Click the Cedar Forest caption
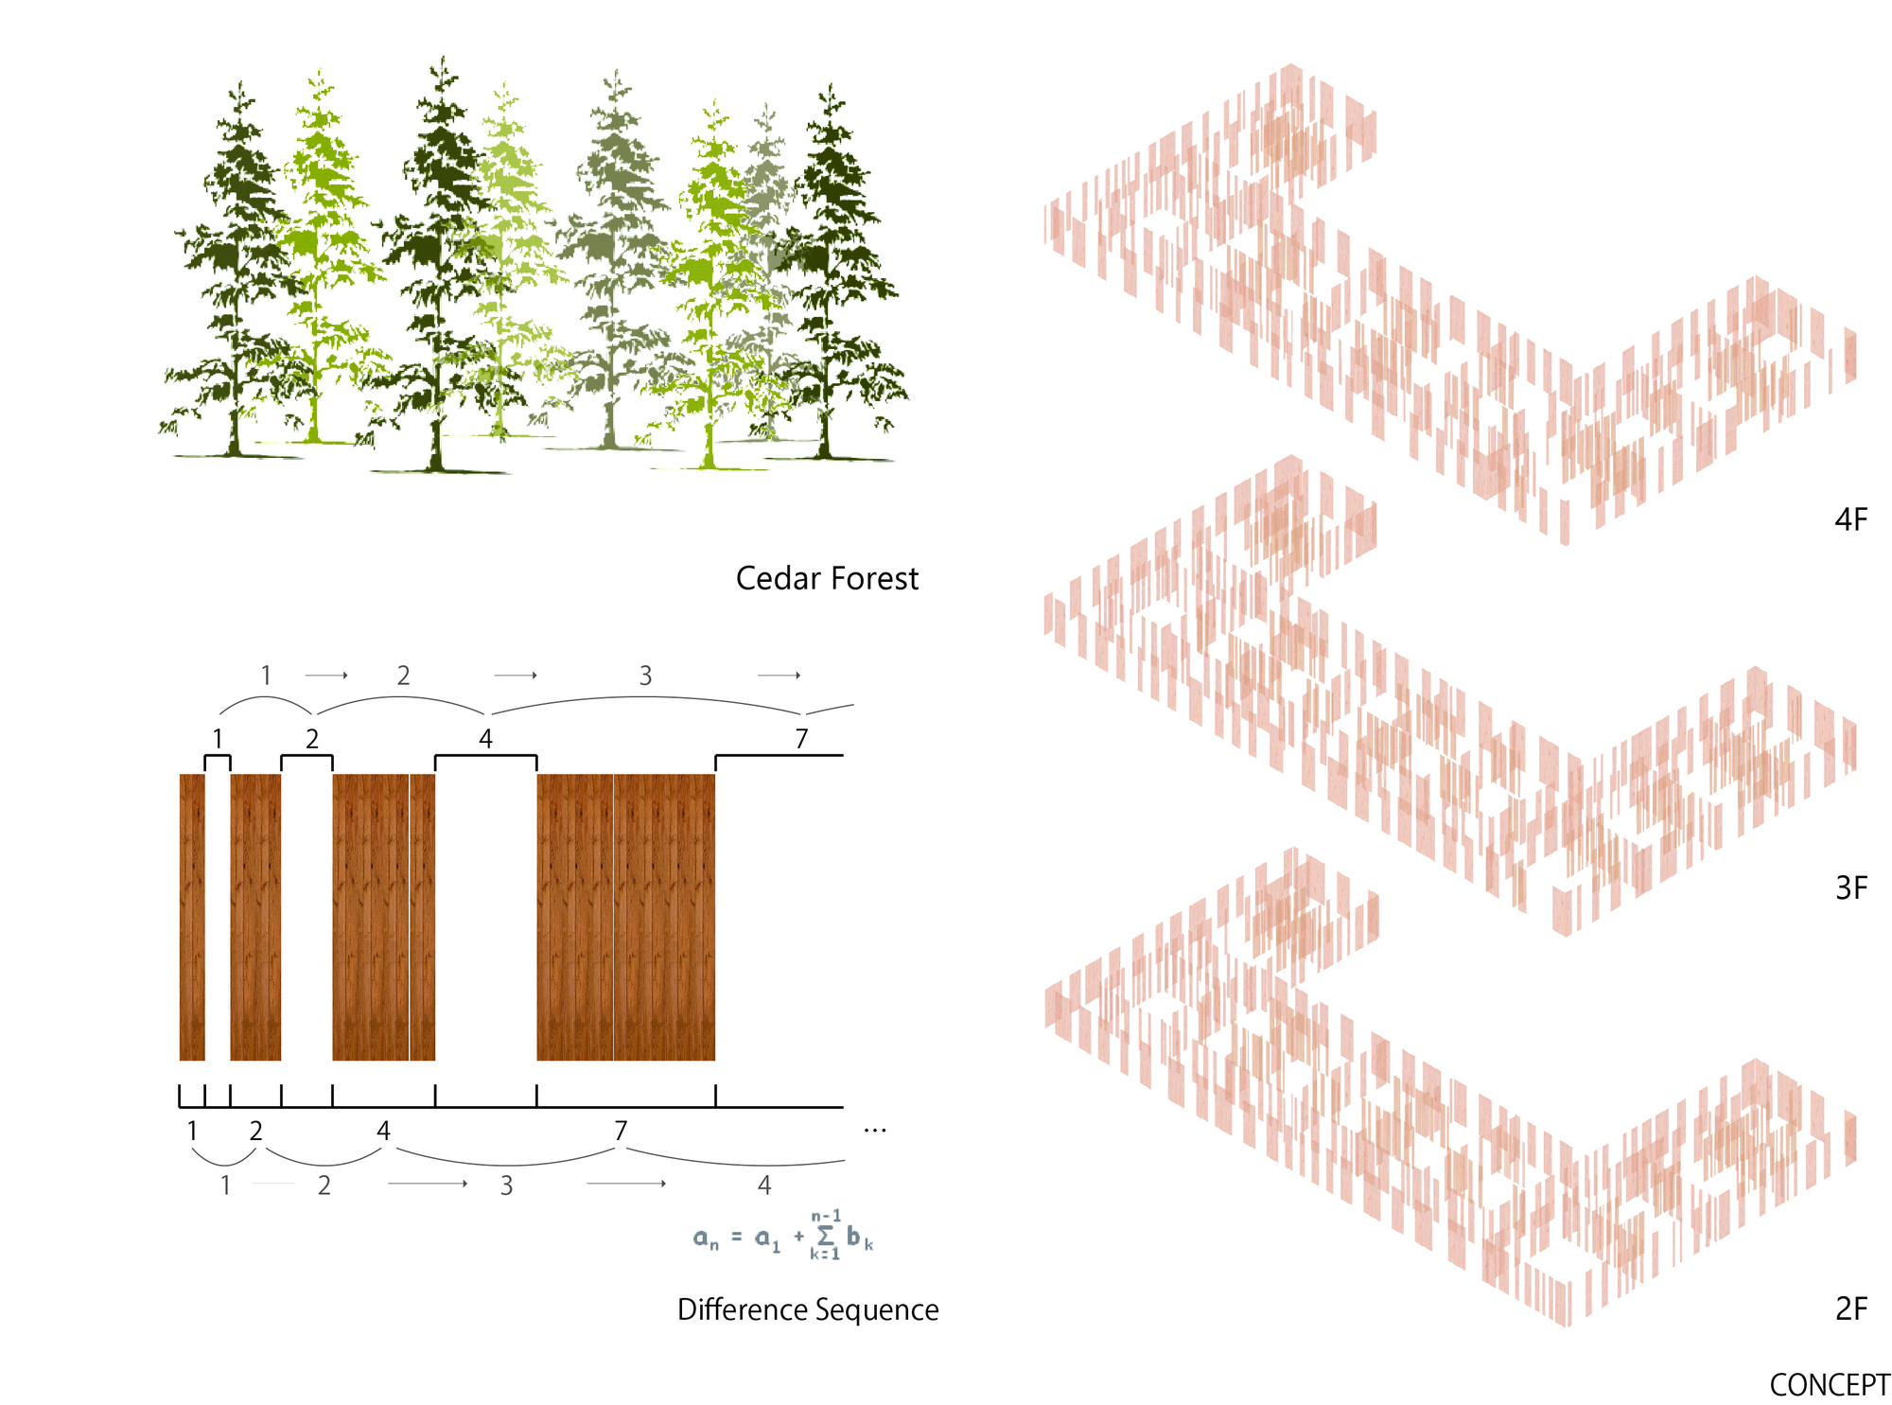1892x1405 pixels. pos(827,578)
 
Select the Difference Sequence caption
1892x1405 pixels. pos(808,1309)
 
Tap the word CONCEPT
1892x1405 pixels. pos(1830,1384)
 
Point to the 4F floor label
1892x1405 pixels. pos(1851,519)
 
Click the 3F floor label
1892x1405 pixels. pos(1851,887)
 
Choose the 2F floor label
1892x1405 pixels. pos(1851,1308)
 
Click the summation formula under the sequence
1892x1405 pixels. pos(783,1236)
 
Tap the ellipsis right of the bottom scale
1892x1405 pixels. pos(875,1131)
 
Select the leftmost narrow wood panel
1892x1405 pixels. pos(192,917)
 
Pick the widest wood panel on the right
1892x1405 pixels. pos(625,917)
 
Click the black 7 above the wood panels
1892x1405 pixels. pos(801,739)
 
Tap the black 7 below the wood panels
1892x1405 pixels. pos(621,1131)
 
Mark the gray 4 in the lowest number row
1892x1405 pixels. pos(764,1185)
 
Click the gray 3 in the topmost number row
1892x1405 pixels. pos(645,676)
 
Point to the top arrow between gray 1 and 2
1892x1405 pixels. pos(326,676)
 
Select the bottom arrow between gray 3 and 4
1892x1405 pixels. pos(626,1184)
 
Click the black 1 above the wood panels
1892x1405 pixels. pos(218,739)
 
